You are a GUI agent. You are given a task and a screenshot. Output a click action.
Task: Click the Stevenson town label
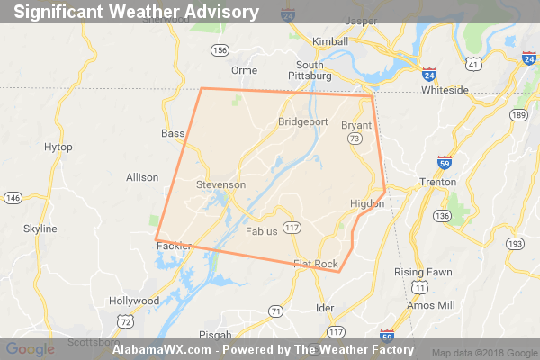(x=220, y=184)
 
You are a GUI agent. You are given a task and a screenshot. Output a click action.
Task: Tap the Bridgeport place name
(x=305, y=121)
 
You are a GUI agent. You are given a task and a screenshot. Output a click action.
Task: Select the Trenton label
(x=439, y=183)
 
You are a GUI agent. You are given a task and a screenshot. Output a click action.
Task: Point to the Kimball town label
(x=329, y=42)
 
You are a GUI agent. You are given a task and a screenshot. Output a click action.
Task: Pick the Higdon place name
(x=367, y=204)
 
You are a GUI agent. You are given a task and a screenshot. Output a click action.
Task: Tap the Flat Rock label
(x=315, y=264)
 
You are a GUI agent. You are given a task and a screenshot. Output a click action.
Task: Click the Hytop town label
(x=58, y=147)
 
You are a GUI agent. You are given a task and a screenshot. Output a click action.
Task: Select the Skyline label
(x=40, y=229)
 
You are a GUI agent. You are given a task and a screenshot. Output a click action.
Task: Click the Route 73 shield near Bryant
(x=355, y=139)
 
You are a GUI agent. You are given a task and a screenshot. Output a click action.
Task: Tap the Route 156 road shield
(x=220, y=50)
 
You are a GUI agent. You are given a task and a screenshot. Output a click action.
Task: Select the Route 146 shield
(x=13, y=198)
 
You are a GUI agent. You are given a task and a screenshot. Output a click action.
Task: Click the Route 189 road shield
(x=517, y=116)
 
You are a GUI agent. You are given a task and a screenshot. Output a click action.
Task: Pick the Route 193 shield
(x=516, y=244)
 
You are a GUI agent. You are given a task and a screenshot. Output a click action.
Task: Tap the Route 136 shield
(x=441, y=215)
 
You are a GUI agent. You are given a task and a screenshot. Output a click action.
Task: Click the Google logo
(x=30, y=349)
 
